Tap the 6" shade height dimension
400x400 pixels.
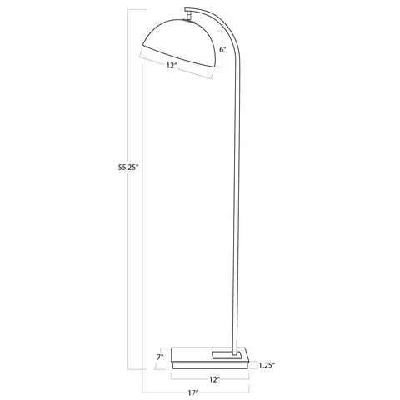click(222, 50)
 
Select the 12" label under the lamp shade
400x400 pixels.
click(172, 65)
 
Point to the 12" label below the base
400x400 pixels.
click(213, 379)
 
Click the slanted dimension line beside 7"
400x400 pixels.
click(167, 357)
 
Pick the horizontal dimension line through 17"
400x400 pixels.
click(158, 391)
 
